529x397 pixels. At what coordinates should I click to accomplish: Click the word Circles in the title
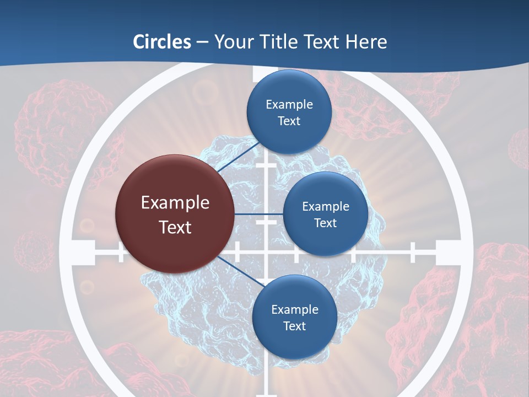click(162, 42)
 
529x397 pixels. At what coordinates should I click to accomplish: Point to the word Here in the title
click(366, 42)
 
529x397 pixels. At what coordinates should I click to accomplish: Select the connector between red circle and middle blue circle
click(258, 214)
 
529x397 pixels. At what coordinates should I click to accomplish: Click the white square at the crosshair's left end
click(83, 253)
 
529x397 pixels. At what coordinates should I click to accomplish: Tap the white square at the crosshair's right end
click(447, 253)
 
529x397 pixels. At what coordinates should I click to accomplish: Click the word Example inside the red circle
click(175, 203)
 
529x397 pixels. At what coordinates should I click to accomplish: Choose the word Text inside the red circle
click(175, 227)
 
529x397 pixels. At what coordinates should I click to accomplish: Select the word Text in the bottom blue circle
click(294, 326)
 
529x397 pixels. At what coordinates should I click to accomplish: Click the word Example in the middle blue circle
click(326, 207)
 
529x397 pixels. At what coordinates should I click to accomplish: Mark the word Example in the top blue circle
click(289, 105)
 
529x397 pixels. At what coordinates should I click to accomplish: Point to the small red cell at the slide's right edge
click(519, 148)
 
